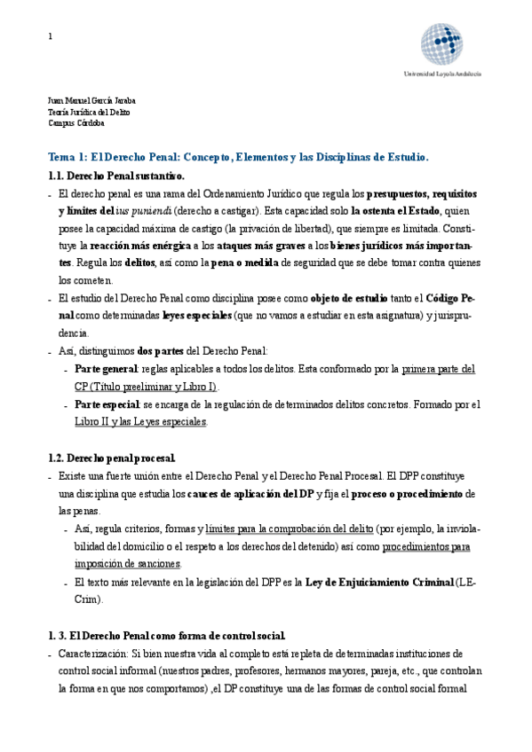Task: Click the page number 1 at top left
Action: (50, 36)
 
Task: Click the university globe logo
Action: (441, 44)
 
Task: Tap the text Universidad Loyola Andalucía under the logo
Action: (442, 74)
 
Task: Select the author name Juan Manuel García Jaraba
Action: (91, 101)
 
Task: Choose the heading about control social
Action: (166, 635)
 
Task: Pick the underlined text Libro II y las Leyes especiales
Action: (140, 422)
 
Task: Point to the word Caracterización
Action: (94, 653)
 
